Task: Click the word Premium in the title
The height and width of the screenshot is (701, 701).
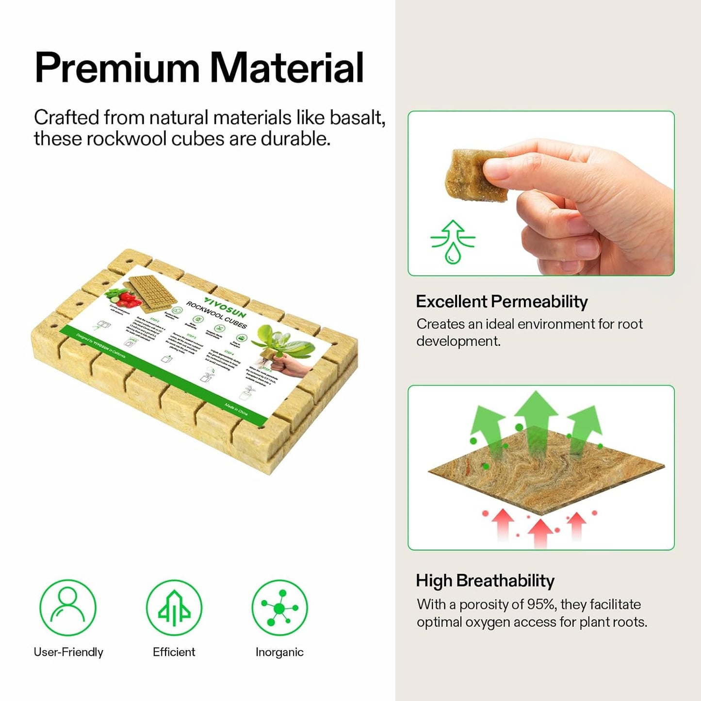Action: pos(117,68)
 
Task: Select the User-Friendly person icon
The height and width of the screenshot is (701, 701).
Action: pos(68,607)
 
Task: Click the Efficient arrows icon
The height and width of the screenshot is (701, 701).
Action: pos(174,607)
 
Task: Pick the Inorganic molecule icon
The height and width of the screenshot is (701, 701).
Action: pos(279,607)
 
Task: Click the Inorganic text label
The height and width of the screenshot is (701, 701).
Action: pos(279,652)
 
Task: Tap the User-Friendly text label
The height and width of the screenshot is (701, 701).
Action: pos(68,652)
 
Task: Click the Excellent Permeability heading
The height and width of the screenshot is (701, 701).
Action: pos(502,302)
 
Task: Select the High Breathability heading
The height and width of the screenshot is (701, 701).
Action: pos(485,581)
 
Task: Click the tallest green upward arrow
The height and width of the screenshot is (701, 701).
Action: pos(536,417)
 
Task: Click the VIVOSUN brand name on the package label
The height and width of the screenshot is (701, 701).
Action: pos(225,308)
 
